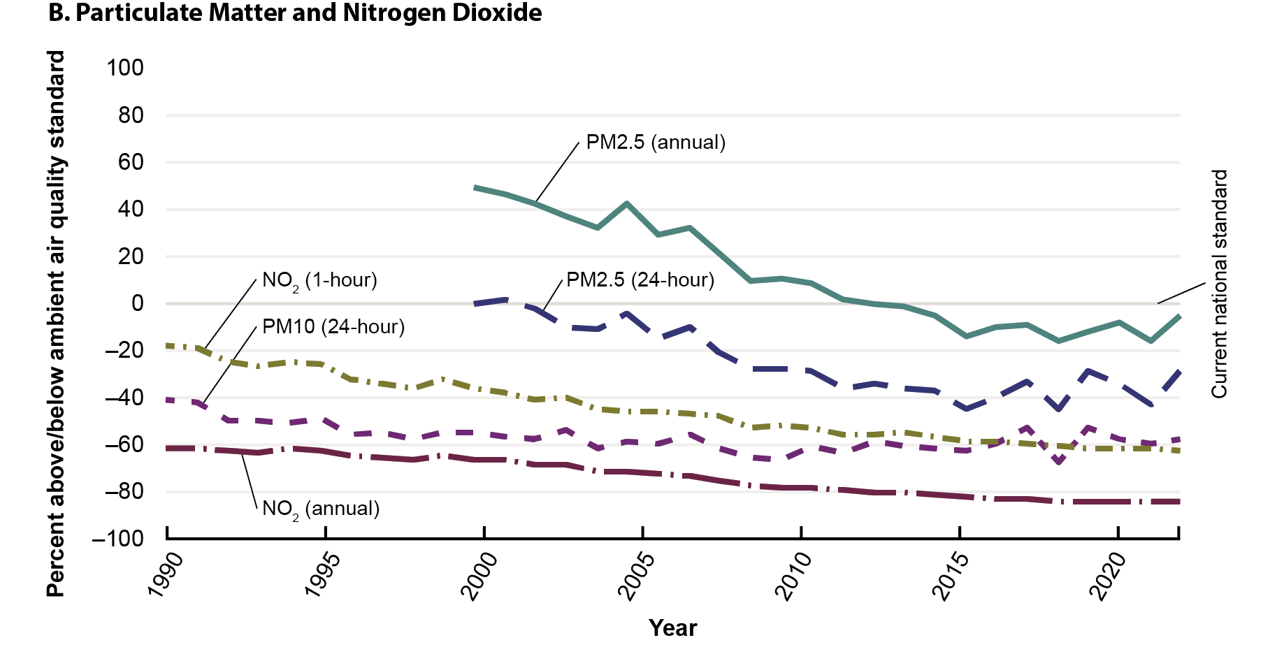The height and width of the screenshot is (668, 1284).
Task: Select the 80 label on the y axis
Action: point(131,115)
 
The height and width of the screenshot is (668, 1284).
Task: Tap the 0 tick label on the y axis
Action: point(137,303)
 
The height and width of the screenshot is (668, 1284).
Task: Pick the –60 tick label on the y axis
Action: point(124,444)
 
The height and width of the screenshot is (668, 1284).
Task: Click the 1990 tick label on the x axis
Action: point(166,575)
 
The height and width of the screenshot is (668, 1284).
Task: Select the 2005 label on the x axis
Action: point(638,575)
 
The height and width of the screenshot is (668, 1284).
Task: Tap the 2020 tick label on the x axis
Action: point(1110,575)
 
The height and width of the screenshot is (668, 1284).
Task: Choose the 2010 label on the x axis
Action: point(795,575)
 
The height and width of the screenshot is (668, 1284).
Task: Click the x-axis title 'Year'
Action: point(672,628)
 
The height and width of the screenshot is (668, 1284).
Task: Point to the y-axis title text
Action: point(56,324)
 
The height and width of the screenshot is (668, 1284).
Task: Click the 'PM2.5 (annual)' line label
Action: point(656,143)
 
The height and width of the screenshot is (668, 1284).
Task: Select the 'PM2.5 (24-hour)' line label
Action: point(640,280)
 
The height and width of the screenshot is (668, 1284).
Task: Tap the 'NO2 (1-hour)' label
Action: point(319,281)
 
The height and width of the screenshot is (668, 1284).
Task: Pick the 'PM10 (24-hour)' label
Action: point(333,327)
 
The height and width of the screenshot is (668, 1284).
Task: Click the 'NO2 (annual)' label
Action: point(321,509)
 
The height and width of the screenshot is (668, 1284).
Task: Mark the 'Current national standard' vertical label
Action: point(1219,284)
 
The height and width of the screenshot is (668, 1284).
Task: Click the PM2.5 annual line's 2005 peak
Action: point(627,203)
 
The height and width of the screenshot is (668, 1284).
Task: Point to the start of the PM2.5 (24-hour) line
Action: point(475,304)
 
